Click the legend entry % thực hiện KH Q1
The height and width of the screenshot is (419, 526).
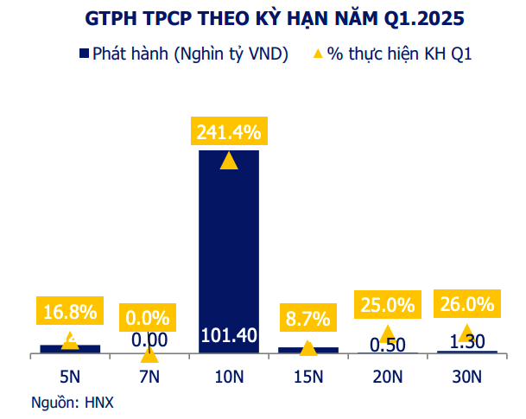point(392,54)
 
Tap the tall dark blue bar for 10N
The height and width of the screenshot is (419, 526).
point(229,251)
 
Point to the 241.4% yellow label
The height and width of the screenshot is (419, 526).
point(229,132)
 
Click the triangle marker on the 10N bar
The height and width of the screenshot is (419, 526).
point(229,160)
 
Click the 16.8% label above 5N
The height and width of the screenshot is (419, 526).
point(70,310)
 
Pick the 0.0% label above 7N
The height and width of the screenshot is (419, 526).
point(149,317)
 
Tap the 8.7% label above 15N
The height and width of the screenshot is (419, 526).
point(308,317)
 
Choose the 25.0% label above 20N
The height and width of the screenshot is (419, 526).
point(388,304)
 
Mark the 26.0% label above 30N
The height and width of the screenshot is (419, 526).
point(466,304)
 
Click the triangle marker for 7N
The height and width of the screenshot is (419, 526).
point(149,353)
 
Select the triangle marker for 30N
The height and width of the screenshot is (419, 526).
point(466,333)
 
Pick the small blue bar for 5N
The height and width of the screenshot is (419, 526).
point(70,348)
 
